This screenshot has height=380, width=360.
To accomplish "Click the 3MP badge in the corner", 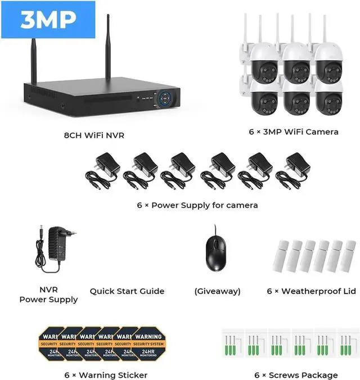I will [x=48, y=20].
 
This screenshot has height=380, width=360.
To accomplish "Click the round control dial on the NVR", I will [x=167, y=99].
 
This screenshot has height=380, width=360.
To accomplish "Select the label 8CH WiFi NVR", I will [x=93, y=135].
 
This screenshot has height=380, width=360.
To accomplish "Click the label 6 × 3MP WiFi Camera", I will [x=294, y=132].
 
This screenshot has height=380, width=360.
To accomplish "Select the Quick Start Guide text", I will [x=127, y=291].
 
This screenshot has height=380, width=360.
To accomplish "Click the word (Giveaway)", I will [x=217, y=291].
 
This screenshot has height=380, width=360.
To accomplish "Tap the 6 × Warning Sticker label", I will [x=106, y=375].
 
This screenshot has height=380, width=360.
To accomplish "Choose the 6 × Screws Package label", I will [x=296, y=375].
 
